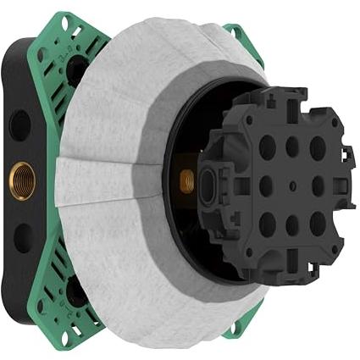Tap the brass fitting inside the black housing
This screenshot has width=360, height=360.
click(x=186, y=179)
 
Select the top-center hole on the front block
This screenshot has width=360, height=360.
click(x=292, y=147)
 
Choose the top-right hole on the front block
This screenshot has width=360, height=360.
click(x=318, y=147)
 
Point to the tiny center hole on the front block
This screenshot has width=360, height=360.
click(x=292, y=186)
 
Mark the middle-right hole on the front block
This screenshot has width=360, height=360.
click(x=318, y=186)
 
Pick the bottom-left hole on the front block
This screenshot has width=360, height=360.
click(x=267, y=224)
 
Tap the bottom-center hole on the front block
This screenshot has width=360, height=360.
click(x=292, y=224)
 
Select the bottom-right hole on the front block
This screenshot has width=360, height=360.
click(x=318, y=224)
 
